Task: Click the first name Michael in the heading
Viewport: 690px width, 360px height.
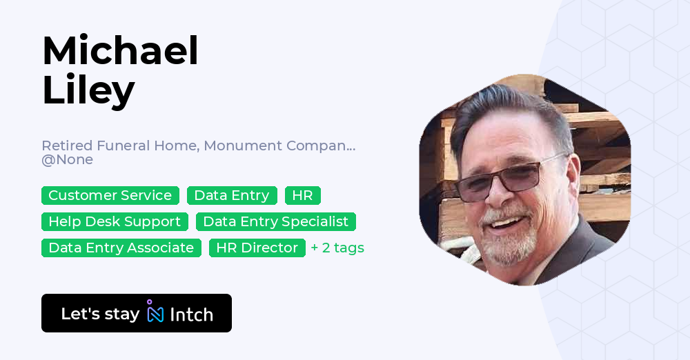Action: (120, 50)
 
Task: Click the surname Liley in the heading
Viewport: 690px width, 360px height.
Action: (88, 90)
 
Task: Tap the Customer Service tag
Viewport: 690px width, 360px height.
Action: (110, 195)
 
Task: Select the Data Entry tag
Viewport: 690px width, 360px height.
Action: (232, 195)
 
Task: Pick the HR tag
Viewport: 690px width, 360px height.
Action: (302, 195)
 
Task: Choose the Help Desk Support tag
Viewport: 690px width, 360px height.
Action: (115, 221)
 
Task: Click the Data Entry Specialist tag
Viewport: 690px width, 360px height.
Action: (276, 221)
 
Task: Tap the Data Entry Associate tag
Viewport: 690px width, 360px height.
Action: (121, 248)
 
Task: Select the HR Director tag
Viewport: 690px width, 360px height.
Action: (257, 248)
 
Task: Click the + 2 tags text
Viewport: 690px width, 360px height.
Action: (337, 248)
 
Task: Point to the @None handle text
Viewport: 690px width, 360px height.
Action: (67, 160)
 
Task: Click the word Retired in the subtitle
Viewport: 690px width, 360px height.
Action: (66, 146)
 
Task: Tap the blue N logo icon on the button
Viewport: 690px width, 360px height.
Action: (155, 313)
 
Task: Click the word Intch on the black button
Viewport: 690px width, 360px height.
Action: (191, 314)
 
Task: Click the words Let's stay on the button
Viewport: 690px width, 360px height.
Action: (100, 314)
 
